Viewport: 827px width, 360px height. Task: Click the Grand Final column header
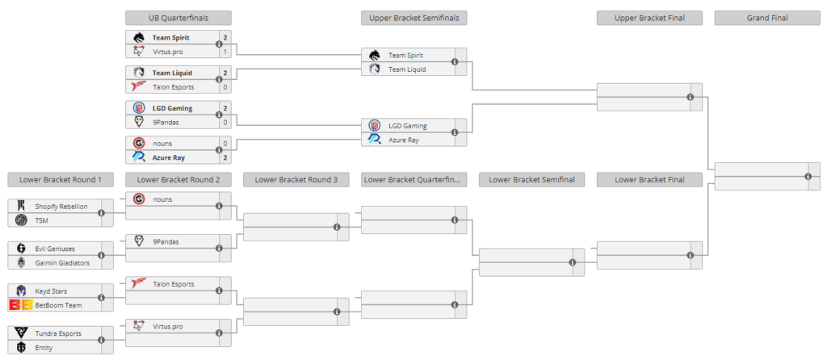(x=767, y=17)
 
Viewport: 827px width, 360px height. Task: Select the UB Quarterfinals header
(x=178, y=17)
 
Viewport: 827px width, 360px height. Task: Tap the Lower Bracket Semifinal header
(x=531, y=179)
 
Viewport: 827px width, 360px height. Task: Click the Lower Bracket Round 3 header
(x=296, y=179)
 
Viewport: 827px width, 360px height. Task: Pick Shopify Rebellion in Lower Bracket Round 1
(x=61, y=206)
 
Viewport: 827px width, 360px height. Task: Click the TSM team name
(x=42, y=220)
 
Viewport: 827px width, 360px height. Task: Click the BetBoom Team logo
(x=21, y=304)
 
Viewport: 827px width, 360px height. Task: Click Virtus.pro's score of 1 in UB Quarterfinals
(x=225, y=51)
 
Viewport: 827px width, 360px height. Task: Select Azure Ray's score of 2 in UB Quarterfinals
(x=225, y=157)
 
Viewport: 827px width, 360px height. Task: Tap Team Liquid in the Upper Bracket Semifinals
(x=406, y=69)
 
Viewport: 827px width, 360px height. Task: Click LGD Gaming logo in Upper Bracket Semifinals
(x=374, y=125)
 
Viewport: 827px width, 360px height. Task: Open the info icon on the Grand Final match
(x=808, y=177)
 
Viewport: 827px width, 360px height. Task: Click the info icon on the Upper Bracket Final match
(x=690, y=97)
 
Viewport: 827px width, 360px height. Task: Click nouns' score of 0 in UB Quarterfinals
(x=225, y=142)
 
